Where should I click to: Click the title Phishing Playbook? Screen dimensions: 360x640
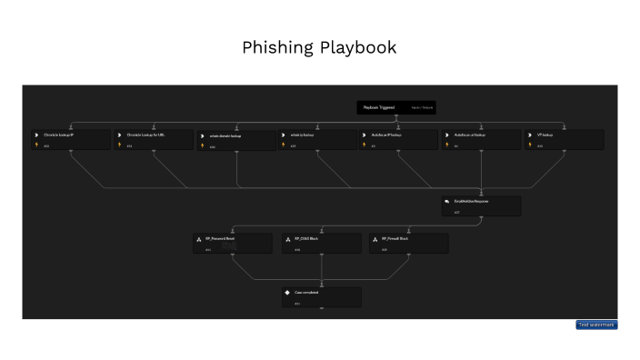319,47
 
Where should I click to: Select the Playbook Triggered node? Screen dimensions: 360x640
395,107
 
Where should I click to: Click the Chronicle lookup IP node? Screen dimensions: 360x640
71,139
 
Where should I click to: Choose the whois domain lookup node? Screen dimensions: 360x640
236,140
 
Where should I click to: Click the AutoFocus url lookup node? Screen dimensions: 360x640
481,139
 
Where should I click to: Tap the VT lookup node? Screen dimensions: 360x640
564,139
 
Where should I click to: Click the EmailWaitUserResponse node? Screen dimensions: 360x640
481,205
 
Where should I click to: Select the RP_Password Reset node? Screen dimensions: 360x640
232,243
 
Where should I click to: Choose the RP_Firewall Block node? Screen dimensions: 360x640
408,243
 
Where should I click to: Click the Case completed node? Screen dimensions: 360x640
321,297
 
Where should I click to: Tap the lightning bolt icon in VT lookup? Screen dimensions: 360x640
529,145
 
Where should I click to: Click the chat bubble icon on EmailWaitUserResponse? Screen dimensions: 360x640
446,201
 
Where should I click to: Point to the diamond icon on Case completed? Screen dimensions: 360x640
287,293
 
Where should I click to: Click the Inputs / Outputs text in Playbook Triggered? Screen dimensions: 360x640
422,107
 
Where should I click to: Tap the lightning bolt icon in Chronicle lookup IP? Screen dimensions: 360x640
36,145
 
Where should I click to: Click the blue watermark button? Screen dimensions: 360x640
596,325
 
